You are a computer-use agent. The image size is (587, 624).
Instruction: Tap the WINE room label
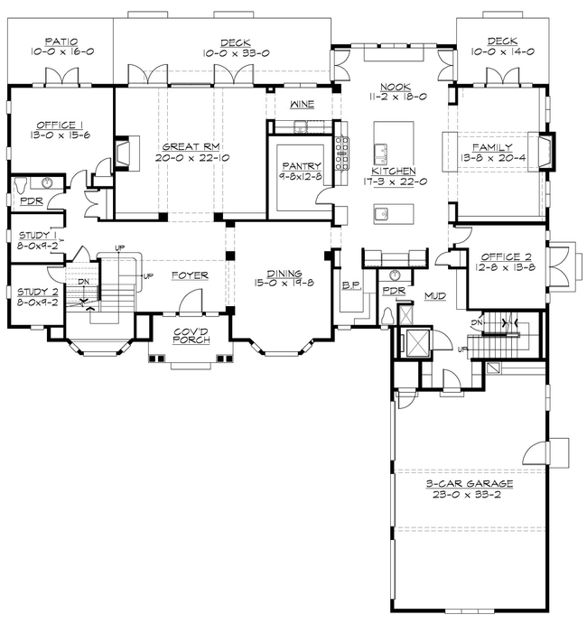[301, 105]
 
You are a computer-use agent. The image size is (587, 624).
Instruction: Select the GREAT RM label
[191, 145]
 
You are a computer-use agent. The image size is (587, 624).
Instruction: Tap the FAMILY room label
[497, 146]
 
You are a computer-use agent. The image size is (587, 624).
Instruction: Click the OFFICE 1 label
[60, 125]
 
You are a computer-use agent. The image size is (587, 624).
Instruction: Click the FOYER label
[188, 275]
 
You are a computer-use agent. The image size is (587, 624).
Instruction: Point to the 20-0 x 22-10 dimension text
[191, 157]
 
